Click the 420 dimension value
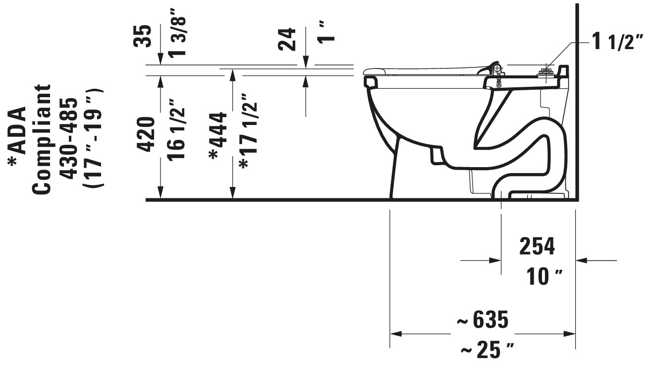pyautogui.click(x=146, y=134)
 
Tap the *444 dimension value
pyautogui.click(x=217, y=136)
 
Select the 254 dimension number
pyautogui.click(x=537, y=246)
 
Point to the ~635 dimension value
pyautogui.click(x=482, y=320)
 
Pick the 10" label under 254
pyautogui.click(x=544, y=276)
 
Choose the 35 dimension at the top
pyautogui.click(x=142, y=36)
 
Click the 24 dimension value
pyautogui.click(x=287, y=39)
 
